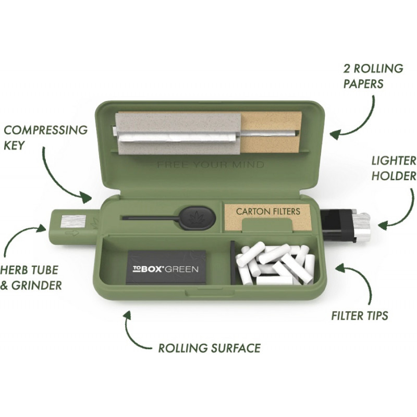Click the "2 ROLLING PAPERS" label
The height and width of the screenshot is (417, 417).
373,76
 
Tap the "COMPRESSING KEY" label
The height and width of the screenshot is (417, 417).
46,138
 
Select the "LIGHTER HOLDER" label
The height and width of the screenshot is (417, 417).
394,168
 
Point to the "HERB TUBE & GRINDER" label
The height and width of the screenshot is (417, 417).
31,277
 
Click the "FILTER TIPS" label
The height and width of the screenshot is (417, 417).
360,316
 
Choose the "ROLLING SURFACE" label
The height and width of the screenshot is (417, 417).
210,348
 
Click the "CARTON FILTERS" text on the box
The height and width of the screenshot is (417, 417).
268,212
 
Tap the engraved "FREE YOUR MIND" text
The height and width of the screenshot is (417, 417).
211,165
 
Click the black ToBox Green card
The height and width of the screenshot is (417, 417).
167,267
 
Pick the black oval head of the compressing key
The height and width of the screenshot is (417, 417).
198,218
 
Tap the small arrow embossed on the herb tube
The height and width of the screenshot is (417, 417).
71,234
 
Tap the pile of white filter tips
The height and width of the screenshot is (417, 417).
275,264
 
